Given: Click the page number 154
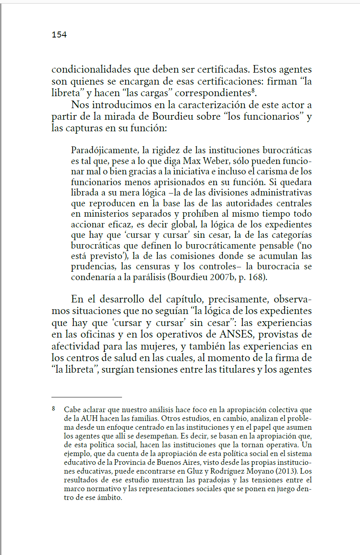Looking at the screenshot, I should coord(59,35).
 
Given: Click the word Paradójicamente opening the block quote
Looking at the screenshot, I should coord(105,150).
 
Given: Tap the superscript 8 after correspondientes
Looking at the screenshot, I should coord(253,91).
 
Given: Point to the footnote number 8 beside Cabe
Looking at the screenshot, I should coord(53,409).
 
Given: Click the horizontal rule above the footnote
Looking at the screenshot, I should coord(87,397).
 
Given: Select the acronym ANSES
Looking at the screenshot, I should coord(236,334).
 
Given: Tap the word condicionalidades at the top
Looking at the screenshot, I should coord(91,69).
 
